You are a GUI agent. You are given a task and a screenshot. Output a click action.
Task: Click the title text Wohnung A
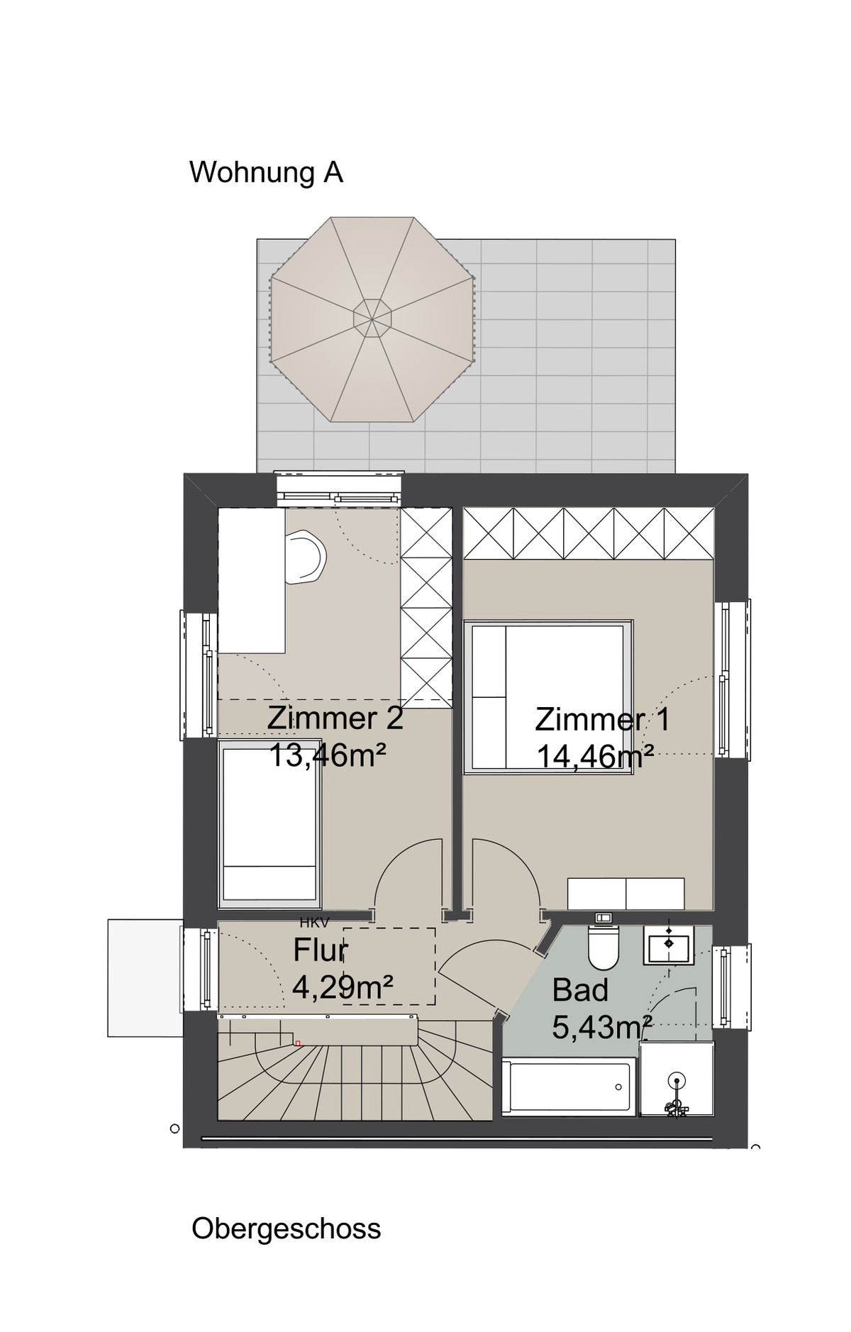[x=266, y=172]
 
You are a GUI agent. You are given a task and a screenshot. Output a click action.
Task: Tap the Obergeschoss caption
[x=286, y=1228]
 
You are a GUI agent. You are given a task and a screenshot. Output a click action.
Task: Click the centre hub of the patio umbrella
[x=372, y=318]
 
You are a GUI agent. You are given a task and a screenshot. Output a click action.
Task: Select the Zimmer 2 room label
[x=335, y=718]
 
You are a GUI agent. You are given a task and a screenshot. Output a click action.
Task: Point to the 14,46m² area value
[x=594, y=756]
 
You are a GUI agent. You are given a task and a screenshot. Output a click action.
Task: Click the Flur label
[x=320, y=950]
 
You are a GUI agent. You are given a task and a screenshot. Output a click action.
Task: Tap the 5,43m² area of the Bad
[x=601, y=1027]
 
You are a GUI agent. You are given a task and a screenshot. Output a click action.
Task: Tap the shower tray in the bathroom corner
[x=676, y=1079]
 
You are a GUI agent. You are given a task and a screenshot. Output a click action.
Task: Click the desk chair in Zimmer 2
[x=306, y=557]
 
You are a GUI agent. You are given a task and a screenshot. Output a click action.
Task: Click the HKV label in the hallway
[x=314, y=923]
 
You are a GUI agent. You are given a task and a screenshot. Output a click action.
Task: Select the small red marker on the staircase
[x=298, y=1043]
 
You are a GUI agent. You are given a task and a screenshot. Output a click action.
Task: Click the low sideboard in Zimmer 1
[x=625, y=893]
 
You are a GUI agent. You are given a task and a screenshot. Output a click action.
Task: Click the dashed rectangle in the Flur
[x=389, y=965]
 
